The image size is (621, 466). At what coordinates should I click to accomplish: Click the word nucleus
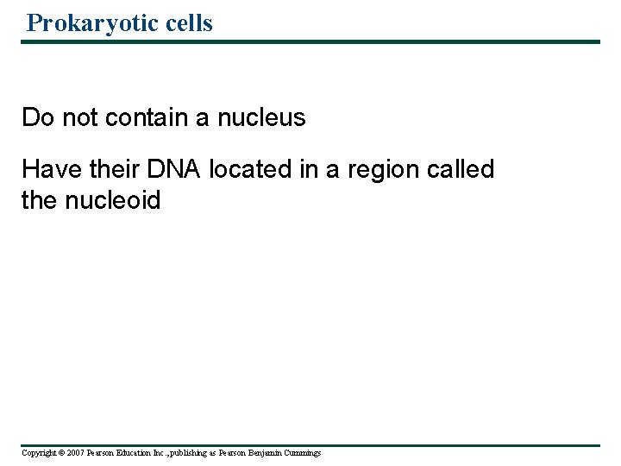point(261,117)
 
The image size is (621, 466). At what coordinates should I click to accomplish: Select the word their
point(110,169)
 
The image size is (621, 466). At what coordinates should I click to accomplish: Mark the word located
point(250,169)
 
